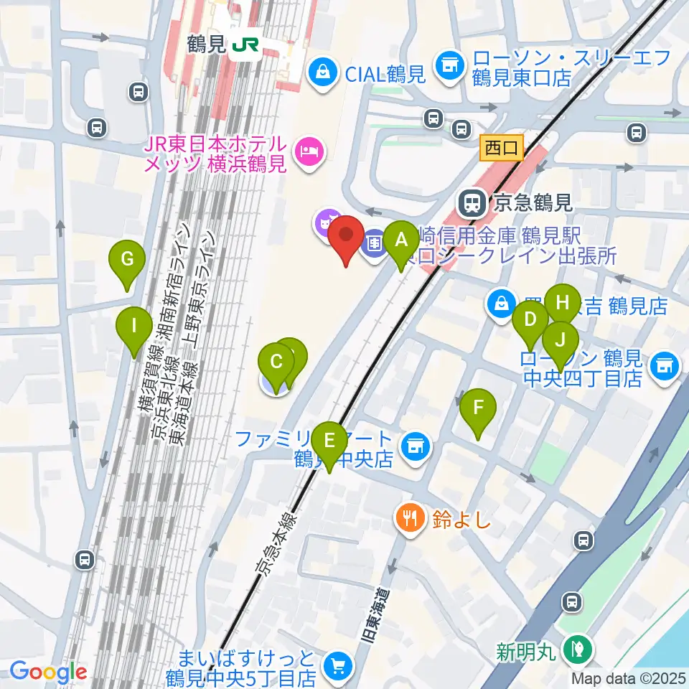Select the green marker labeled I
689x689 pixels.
click(133, 326)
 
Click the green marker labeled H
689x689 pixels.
click(563, 301)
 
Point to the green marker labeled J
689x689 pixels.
click(561, 339)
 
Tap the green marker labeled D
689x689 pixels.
click(530, 320)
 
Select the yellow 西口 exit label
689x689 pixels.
click(502, 149)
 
